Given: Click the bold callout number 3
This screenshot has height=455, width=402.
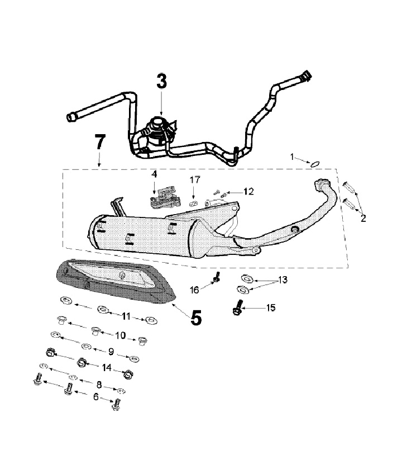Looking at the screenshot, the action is pos(161,82).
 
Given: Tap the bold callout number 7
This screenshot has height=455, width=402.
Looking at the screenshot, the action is pos(99,143).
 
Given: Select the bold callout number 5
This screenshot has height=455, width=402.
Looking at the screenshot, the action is pos(196,317).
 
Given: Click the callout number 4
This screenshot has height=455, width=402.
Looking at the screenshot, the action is pos(155,174).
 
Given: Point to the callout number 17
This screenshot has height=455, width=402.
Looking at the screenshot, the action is pos(194,180).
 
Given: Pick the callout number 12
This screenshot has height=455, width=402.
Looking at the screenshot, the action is pos(248,191).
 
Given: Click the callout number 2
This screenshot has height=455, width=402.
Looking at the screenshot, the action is pos(363,218).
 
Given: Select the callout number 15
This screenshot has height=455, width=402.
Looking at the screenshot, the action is pos(270,307).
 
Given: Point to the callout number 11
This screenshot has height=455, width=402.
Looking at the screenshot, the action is pos(126,316).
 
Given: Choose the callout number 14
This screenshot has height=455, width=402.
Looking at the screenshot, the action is pos(108,367).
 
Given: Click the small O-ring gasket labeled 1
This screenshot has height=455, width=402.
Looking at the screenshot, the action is pos(315,164).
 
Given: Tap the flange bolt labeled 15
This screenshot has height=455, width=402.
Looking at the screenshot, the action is pos(238,306).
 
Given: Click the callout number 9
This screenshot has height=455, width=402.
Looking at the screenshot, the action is pos(111,352).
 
